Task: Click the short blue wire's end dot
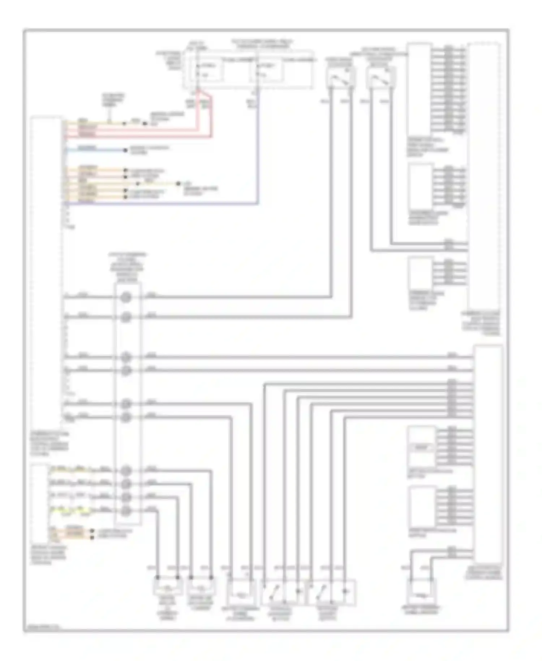point(125,150)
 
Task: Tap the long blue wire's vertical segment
point(258,152)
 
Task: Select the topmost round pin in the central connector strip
point(126,297)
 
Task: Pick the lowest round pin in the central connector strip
point(126,510)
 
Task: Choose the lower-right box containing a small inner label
point(421,447)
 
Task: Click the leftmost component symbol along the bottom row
point(167,587)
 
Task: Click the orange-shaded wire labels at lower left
point(74,533)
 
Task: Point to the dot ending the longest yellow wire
point(178,184)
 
